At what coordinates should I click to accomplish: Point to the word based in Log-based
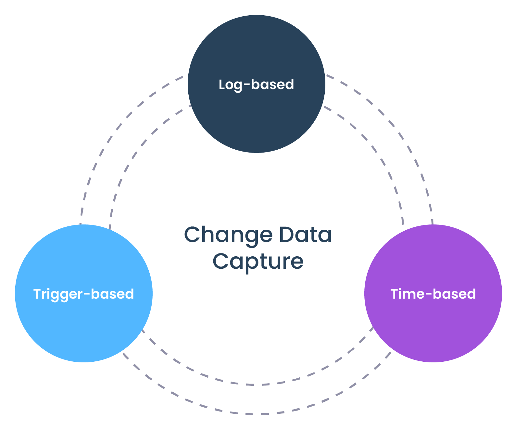pos(272,85)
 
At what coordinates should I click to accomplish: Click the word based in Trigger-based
pos(112,294)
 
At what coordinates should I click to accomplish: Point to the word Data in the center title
pos(305,235)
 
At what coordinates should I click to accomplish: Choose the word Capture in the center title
pos(258,262)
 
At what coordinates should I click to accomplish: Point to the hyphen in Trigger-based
pos(87,294)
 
